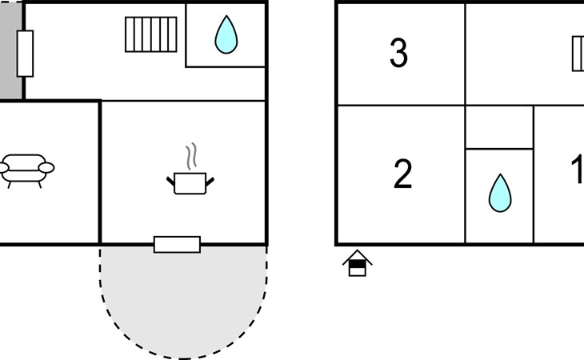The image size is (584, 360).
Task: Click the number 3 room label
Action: [398, 53]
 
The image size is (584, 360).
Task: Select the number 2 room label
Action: [402, 174]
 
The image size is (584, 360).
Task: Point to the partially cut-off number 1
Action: [578, 170]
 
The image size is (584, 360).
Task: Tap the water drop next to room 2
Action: [500, 193]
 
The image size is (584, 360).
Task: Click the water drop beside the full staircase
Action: [226, 34]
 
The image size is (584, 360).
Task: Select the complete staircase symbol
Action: [151, 34]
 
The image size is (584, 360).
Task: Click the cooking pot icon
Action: [190, 183]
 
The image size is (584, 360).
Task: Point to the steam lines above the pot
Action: [191, 156]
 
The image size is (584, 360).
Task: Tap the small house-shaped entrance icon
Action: [357, 263]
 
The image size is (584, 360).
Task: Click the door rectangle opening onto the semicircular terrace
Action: [177, 245]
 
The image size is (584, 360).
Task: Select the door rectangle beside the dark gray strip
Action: [25, 54]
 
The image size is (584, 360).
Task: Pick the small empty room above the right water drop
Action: [499, 127]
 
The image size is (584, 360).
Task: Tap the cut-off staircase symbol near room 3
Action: [578, 54]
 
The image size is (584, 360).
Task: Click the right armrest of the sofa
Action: [46, 168]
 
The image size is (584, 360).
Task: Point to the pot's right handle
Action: [210, 182]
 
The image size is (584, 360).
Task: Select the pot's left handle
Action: [170, 182]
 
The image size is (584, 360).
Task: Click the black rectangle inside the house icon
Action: [358, 264]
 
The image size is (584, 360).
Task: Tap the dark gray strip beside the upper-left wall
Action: [10, 50]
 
